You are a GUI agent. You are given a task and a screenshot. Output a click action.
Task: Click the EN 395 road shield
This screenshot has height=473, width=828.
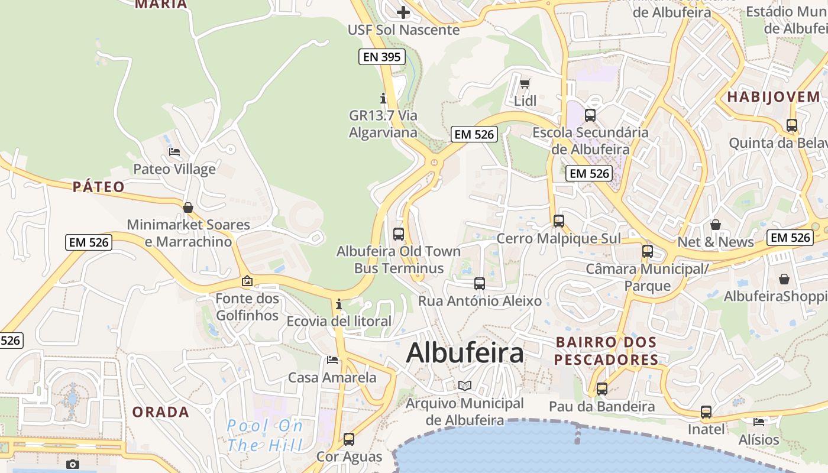pos(382,57)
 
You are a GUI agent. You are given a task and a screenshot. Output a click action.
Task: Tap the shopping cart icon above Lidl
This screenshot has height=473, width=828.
pos(525,83)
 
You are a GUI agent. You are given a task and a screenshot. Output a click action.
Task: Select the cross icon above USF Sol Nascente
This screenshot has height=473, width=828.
pos(403,12)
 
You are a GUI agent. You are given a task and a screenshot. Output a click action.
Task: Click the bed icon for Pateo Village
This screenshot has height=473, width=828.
pos(174,152)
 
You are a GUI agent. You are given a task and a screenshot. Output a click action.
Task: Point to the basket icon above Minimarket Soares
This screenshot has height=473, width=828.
pos(188,208)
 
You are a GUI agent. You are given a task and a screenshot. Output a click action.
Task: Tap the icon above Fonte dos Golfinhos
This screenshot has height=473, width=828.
pos(247,281)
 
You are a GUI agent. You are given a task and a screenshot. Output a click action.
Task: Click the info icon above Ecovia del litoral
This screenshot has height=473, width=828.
pos(339,304)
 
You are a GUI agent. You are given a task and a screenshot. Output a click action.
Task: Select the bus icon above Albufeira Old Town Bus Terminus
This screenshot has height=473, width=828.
pos(399,234)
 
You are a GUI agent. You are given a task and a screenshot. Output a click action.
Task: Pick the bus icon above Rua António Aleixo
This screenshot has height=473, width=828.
pos(480,284)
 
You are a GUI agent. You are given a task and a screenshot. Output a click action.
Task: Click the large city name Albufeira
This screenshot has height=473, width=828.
pos(465,353)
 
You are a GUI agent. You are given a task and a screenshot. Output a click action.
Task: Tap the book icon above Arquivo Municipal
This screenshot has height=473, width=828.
pos(465,385)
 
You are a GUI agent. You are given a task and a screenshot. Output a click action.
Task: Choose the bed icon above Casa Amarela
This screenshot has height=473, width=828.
pos(332,359)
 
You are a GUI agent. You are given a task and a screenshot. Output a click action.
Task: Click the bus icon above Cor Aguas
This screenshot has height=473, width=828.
pos(349,439)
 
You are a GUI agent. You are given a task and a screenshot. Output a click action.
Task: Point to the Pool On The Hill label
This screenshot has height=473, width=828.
pos(265,435)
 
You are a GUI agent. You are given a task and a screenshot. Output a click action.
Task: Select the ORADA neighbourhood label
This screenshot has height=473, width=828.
pos(161,412)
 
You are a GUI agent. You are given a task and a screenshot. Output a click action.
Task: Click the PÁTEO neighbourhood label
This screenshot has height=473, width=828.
pos(99,187)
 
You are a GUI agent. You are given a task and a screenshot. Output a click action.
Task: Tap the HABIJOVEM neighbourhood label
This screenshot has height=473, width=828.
pos(774,97)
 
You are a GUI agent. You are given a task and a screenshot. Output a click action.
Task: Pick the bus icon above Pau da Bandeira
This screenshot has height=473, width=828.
pos(602,389)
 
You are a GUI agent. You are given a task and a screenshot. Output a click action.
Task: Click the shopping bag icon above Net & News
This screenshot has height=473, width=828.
pos(716,225)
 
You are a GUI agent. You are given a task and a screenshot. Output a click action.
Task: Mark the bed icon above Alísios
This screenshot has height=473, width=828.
pos(759,422)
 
